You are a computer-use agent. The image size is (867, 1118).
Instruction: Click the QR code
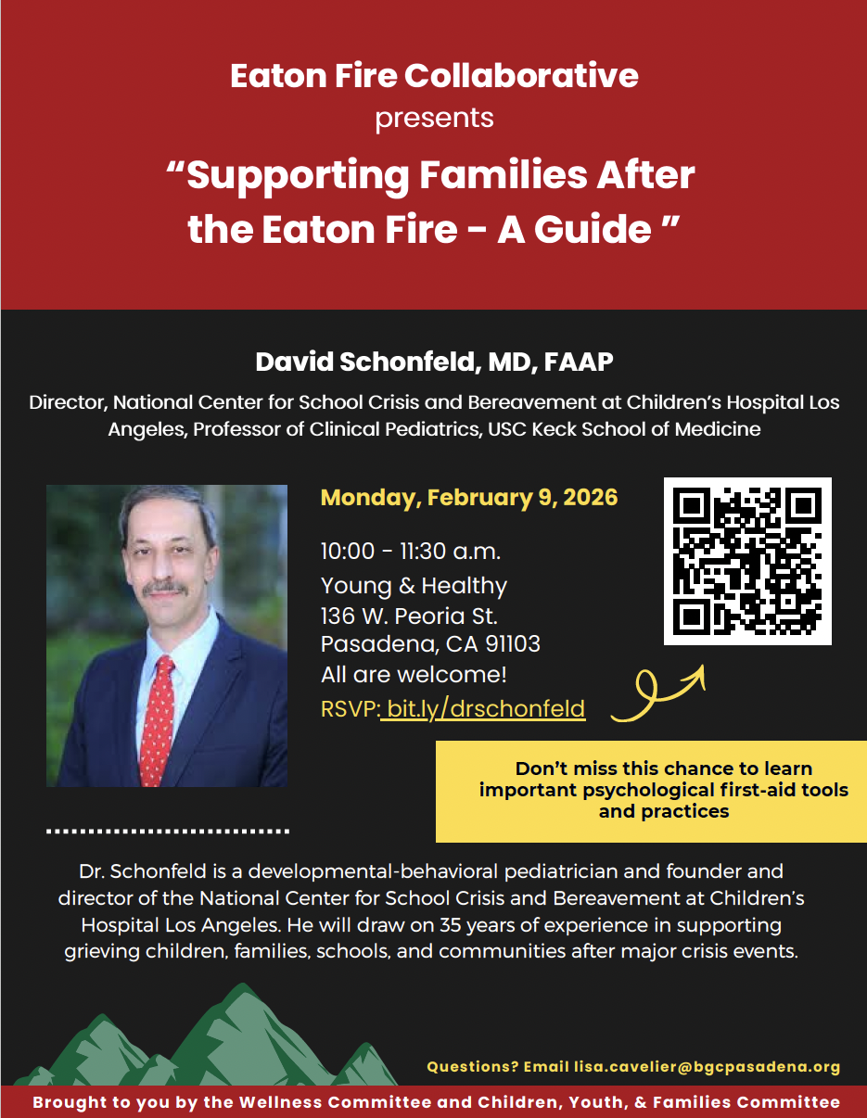(747, 561)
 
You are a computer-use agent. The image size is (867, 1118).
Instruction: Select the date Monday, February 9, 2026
(468, 497)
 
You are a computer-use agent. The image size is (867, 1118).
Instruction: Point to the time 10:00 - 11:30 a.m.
(411, 552)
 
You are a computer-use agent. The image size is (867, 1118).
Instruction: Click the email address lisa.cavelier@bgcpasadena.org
(707, 1067)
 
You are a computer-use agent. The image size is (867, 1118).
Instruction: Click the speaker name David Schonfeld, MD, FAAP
(434, 362)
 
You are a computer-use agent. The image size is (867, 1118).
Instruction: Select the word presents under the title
(434, 119)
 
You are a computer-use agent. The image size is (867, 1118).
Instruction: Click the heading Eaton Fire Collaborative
(434, 76)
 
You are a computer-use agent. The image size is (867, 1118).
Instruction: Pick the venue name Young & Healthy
(414, 586)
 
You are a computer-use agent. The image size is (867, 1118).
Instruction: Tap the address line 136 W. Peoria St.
(409, 616)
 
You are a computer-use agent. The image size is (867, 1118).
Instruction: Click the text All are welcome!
(414, 674)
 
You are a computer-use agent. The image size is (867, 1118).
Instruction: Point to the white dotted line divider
(168, 831)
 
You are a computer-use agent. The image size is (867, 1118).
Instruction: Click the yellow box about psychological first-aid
(651, 790)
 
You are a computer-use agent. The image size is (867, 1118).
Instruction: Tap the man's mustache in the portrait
(164, 588)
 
